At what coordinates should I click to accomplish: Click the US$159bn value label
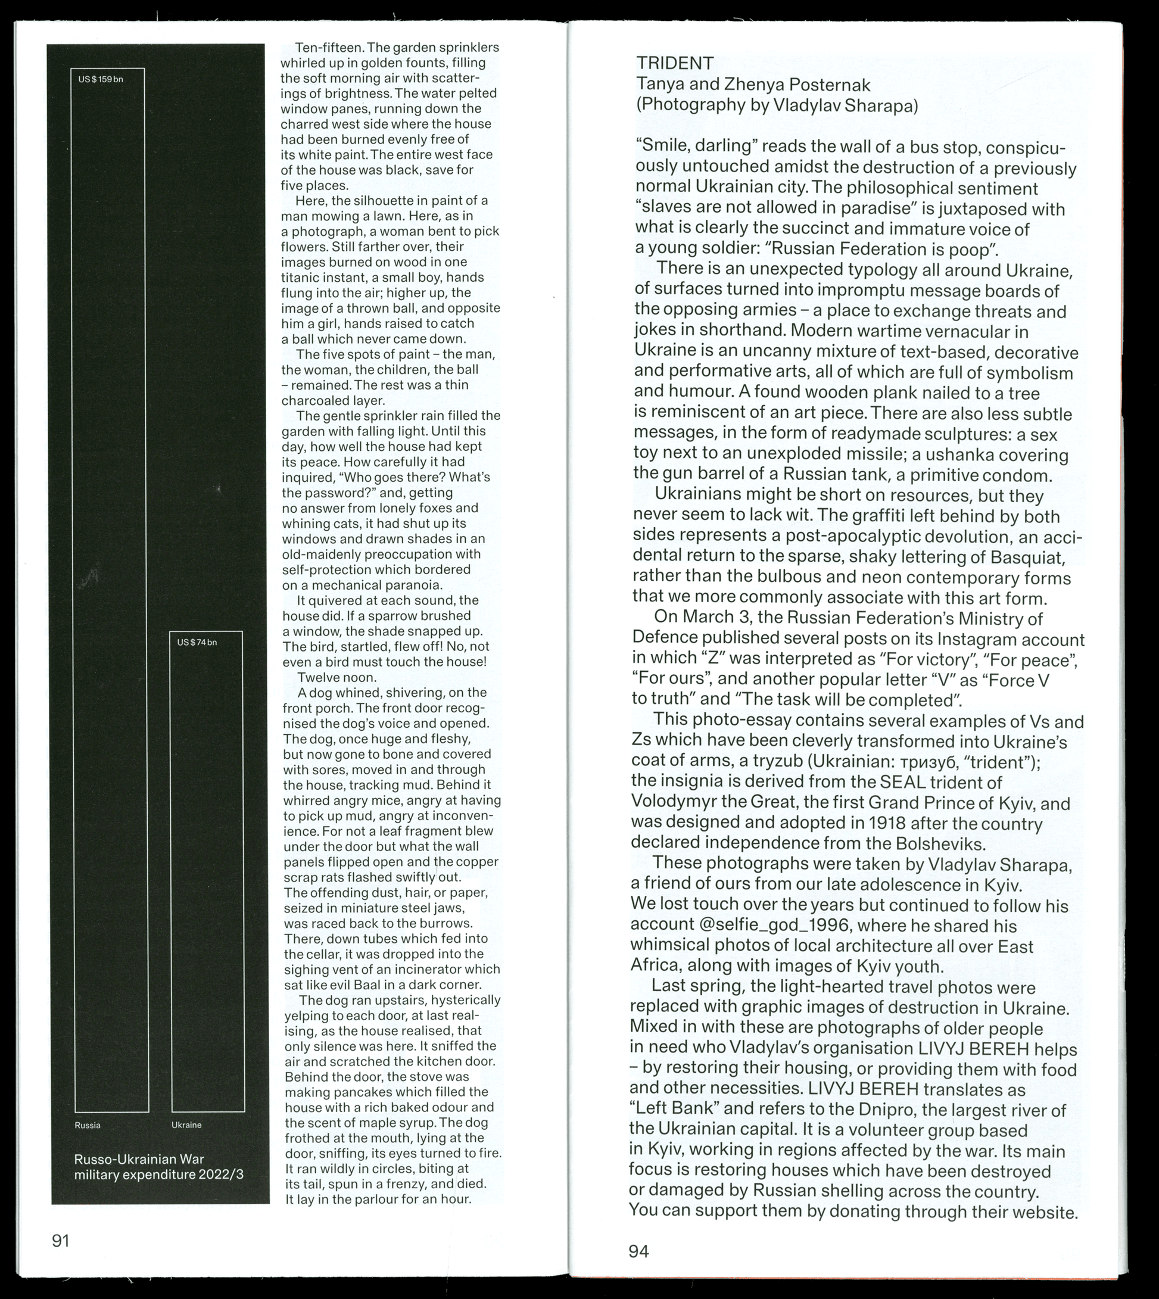101,80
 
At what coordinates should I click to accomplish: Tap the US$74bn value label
197,642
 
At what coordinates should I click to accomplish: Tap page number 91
61,1241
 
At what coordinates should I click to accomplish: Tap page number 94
638,1252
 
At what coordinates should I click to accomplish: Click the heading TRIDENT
675,63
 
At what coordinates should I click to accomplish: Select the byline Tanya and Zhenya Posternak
753,84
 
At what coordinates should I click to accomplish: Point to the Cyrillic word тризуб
956,762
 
